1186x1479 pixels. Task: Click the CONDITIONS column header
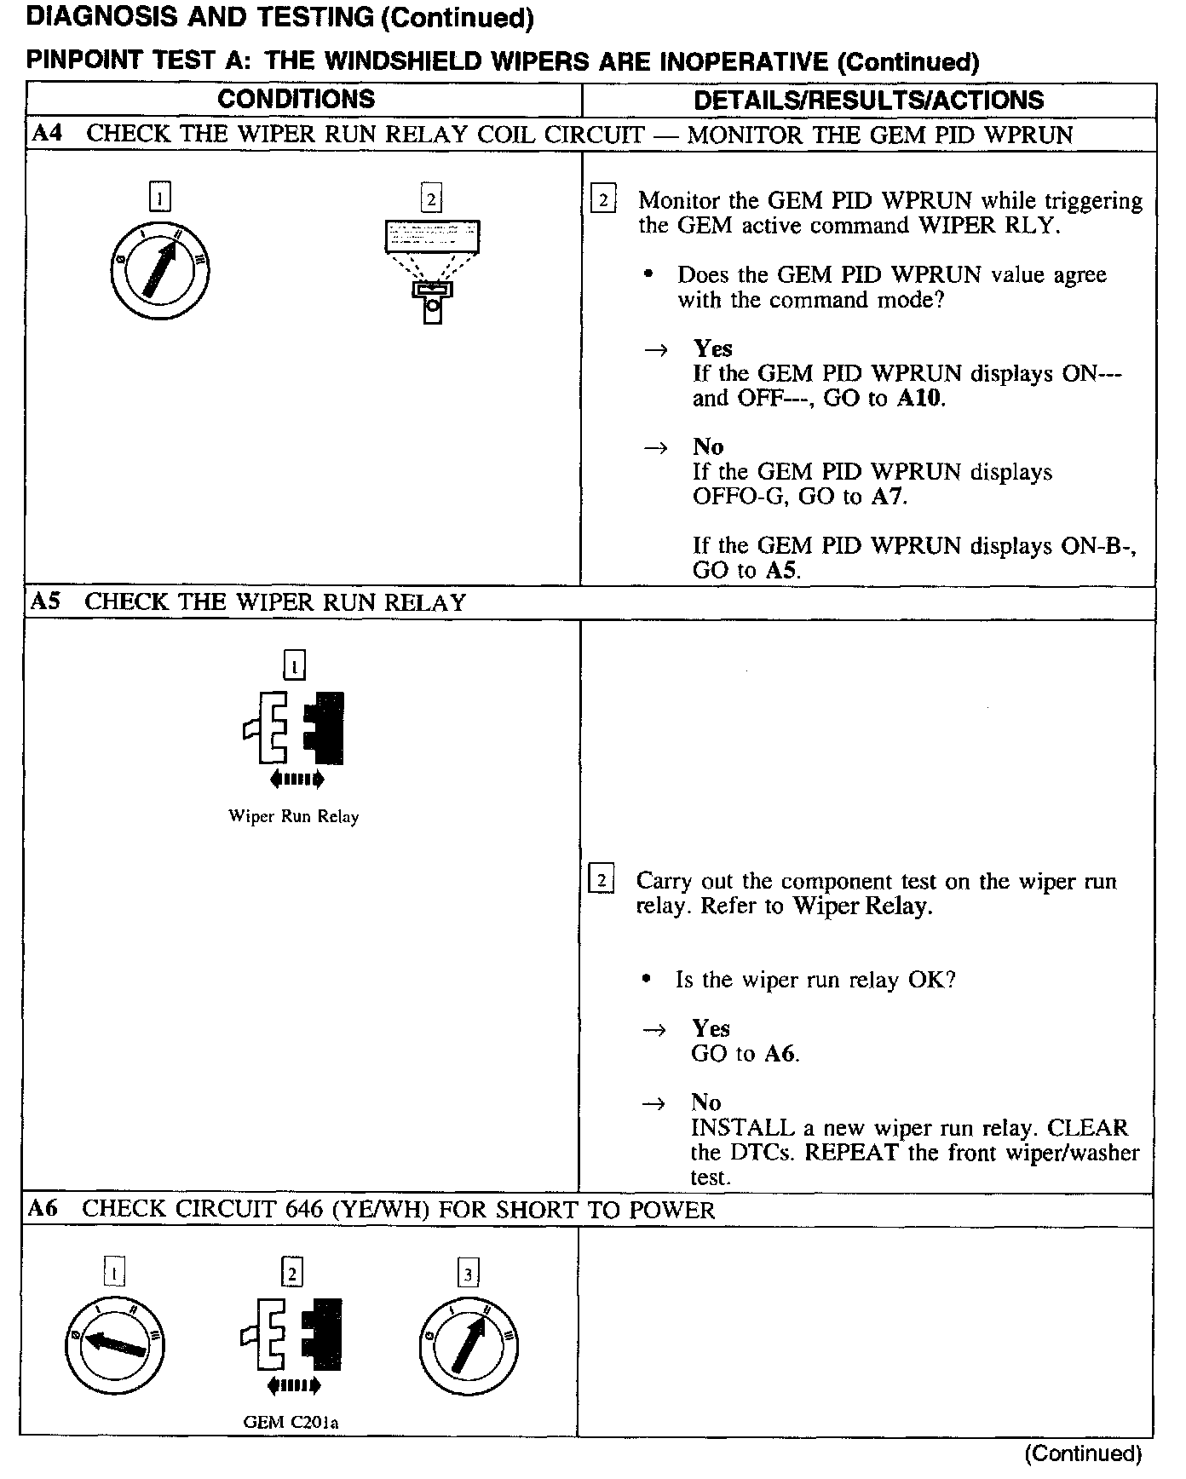(x=296, y=99)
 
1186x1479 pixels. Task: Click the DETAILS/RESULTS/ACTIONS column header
(x=868, y=100)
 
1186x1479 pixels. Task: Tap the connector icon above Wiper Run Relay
(x=294, y=729)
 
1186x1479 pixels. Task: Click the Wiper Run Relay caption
(x=294, y=816)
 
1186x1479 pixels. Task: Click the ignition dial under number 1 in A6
(x=114, y=1346)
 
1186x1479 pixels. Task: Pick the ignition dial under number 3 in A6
(x=469, y=1346)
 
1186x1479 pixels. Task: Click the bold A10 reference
(x=920, y=399)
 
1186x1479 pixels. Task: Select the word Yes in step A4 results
(x=712, y=348)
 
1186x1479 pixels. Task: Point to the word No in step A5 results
(x=706, y=1102)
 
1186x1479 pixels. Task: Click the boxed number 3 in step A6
(x=469, y=1275)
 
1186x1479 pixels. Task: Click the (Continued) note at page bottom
(x=1083, y=1453)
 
